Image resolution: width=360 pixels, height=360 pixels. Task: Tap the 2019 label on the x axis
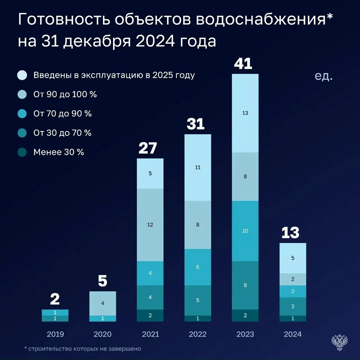pyautogui.click(x=55, y=334)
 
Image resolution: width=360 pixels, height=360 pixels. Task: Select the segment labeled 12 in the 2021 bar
pyautogui.click(x=150, y=225)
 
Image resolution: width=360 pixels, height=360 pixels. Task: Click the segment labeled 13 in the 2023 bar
pyautogui.click(x=245, y=113)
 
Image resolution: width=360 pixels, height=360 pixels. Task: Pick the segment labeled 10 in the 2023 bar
pyautogui.click(x=245, y=231)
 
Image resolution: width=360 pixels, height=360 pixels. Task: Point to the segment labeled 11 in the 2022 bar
pyautogui.click(x=198, y=167)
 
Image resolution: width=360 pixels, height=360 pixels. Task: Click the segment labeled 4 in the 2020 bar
pyautogui.click(x=103, y=303)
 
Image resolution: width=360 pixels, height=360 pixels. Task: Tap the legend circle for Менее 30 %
pyautogui.click(x=22, y=152)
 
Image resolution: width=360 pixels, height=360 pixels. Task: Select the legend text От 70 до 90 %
pyautogui.click(x=62, y=114)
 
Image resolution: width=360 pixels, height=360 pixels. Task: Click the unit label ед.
pyautogui.click(x=323, y=76)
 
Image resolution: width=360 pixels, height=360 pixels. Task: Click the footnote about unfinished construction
pyautogui.click(x=83, y=349)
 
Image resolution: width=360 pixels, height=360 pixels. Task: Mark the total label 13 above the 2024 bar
pyautogui.click(x=290, y=233)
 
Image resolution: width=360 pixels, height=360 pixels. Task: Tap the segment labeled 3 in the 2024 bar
pyautogui.click(x=293, y=306)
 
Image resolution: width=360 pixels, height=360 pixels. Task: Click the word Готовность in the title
pyautogui.click(x=63, y=20)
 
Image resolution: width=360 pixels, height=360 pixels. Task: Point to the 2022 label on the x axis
pyautogui.click(x=198, y=334)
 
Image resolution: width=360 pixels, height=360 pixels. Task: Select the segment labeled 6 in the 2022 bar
pyautogui.click(x=198, y=267)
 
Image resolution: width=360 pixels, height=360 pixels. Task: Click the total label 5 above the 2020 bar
pyautogui.click(x=103, y=281)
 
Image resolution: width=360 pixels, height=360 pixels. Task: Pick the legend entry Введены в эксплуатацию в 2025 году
pyautogui.click(x=114, y=75)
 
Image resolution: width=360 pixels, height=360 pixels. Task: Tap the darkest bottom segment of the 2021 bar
pyautogui.click(x=150, y=315)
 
